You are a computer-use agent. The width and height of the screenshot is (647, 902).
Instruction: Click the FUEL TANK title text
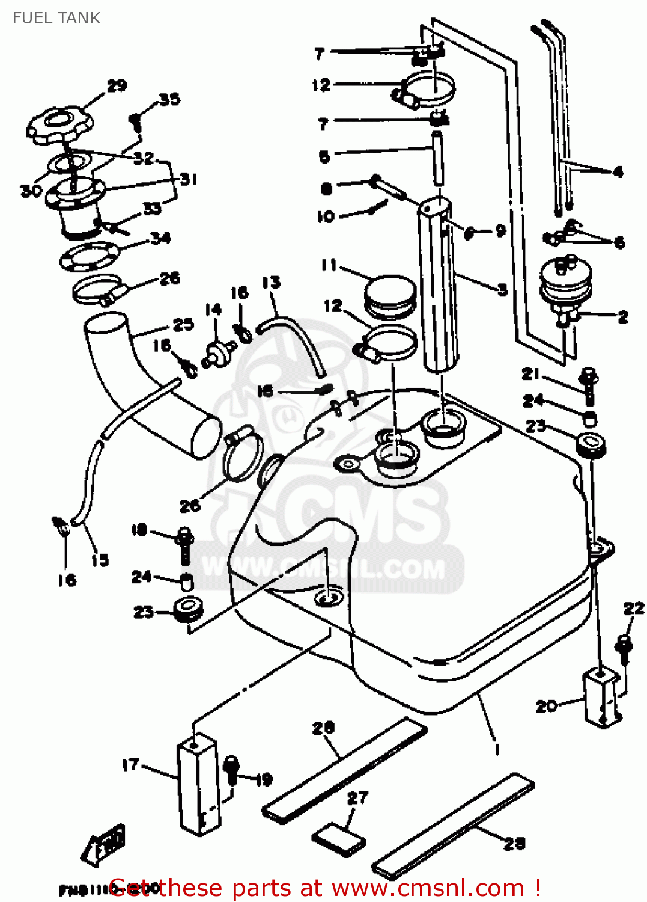click(x=56, y=18)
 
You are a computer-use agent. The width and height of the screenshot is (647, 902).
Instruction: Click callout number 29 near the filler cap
click(x=117, y=86)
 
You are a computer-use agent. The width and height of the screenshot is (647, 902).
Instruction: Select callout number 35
click(x=169, y=99)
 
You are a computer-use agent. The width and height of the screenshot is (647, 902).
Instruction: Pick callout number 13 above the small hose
click(x=272, y=283)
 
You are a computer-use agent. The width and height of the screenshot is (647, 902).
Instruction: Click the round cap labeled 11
click(x=390, y=296)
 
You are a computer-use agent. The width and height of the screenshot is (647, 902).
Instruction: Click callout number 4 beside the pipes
click(x=618, y=172)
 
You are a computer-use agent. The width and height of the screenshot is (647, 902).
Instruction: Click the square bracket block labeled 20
click(x=601, y=698)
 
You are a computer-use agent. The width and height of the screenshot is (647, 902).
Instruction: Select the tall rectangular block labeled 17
click(x=198, y=785)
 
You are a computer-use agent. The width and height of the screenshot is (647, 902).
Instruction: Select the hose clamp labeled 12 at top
click(x=428, y=88)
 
